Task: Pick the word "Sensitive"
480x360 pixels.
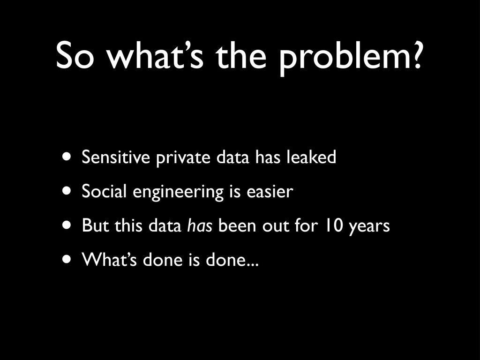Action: pos(116,157)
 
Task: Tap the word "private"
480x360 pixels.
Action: pos(183,157)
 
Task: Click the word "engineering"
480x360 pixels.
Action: pos(178,192)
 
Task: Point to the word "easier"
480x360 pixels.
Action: pos(270,191)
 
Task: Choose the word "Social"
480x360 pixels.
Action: pos(104,191)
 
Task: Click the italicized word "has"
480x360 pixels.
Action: pos(200,225)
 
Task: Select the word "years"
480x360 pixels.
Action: pos(369,227)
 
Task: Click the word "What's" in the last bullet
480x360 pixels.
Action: pos(109,259)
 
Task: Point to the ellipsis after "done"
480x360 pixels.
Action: pos(253,265)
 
